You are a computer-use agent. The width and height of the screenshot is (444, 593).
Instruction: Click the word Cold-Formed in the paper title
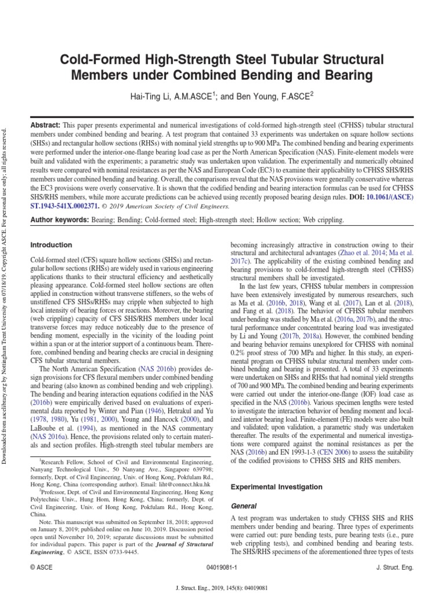[x=95, y=60]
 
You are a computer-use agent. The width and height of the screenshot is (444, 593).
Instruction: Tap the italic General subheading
[x=243, y=506]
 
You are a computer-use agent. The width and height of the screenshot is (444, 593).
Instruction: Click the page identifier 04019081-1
[x=223, y=568]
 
